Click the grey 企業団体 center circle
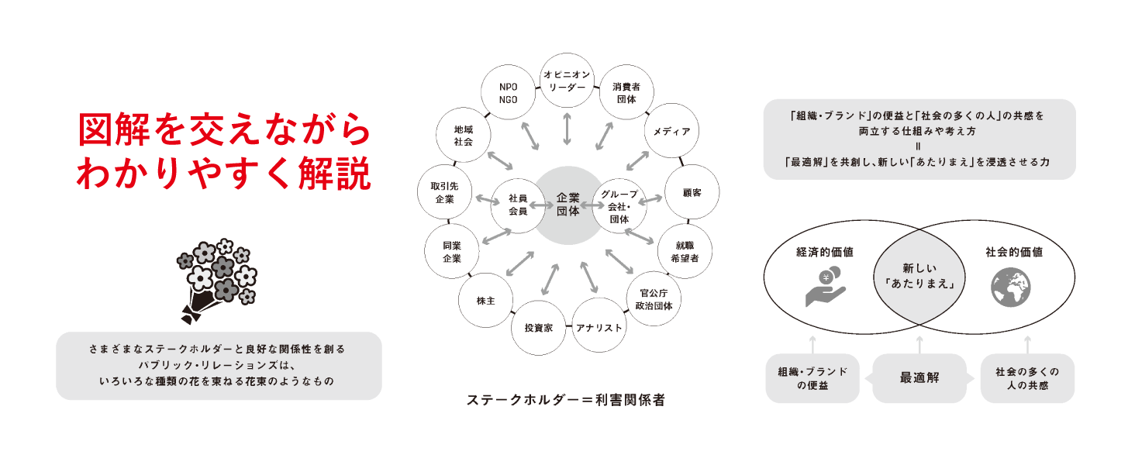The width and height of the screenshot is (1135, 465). [x=567, y=205]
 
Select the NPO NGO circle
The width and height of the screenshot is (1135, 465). [x=509, y=93]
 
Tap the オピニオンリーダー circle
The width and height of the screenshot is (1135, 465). [x=567, y=80]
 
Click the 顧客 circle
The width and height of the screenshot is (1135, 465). [x=692, y=191]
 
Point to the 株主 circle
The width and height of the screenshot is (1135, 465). [x=487, y=299]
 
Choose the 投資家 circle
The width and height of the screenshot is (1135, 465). [x=538, y=328]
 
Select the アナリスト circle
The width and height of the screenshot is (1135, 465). [x=599, y=328]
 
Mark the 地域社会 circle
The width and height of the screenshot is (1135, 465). [x=463, y=136]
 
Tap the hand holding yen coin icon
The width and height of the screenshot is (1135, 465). [x=825, y=287]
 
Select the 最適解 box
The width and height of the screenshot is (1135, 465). [x=919, y=378]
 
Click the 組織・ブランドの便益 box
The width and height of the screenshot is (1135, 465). [x=812, y=378]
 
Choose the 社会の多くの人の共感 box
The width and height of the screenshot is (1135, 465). [x=1027, y=378]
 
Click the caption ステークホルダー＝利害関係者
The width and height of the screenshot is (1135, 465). [x=566, y=401]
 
